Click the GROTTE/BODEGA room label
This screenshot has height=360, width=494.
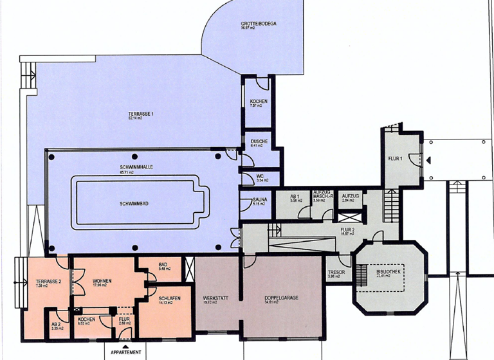(x=259, y=23)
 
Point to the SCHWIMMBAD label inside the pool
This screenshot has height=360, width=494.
(x=135, y=203)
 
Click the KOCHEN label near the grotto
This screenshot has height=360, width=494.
(x=259, y=102)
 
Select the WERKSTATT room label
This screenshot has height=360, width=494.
(x=213, y=298)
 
